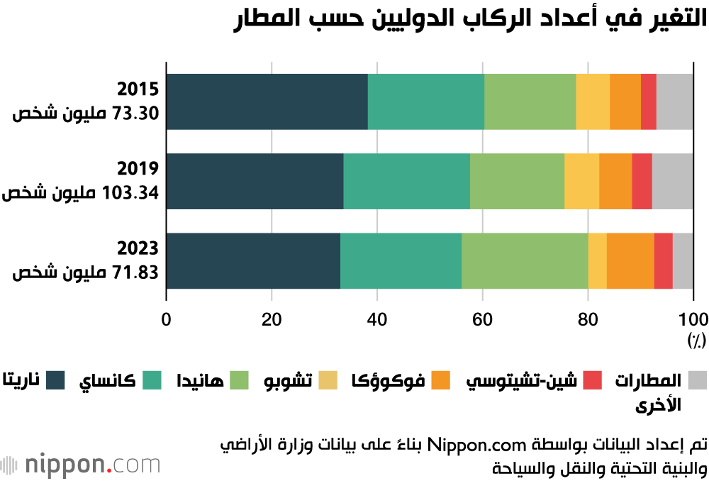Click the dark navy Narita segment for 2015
click(x=267, y=101)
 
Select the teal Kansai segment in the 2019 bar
click(x=406, y=181)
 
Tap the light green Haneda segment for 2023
click(x=525, y=260)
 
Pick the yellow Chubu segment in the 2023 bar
click(x=597, y=260)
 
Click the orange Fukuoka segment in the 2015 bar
click(x=625, y=101)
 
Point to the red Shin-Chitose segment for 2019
click(x=642, y=181)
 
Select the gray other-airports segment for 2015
click(x=674, y=101)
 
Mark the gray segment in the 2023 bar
click(x=683, y=260)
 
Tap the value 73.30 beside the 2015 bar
click(x=135, y=114)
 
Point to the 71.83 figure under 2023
click(x=135, y=273)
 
